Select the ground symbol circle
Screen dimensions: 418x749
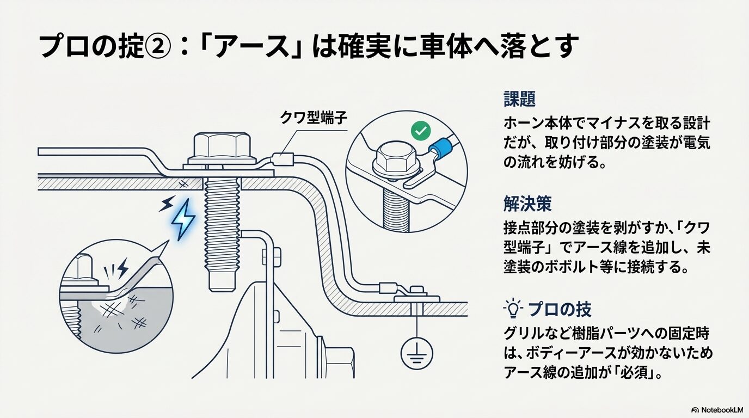tap(417, 354)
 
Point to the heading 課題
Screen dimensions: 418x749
tap(519, 99)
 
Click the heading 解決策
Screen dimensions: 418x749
tap(527, 204)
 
